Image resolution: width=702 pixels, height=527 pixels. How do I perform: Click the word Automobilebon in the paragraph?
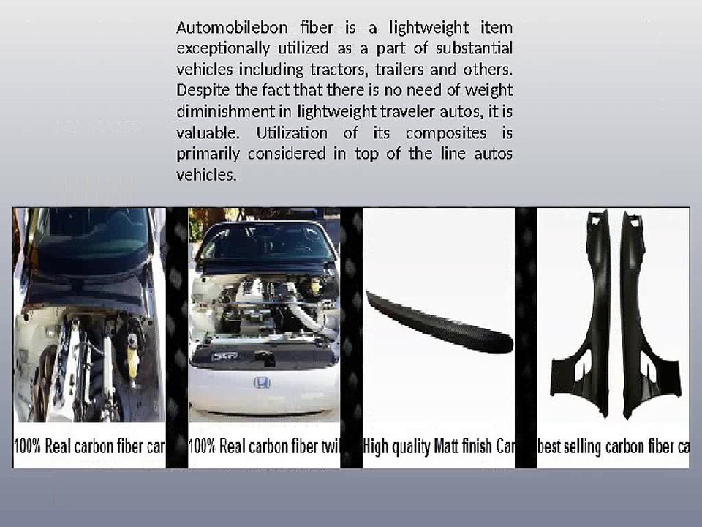(232, 28)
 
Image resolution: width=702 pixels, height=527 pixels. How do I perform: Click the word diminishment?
(226, 111)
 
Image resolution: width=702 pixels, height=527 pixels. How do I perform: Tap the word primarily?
(208, 154)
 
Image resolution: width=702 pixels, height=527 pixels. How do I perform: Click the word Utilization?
(292, 133)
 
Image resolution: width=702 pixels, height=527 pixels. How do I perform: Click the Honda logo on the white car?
(262, 382)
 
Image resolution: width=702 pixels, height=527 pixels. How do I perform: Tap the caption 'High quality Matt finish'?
(428, 446)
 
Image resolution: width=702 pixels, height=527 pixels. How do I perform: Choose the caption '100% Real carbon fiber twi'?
(264, 446)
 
